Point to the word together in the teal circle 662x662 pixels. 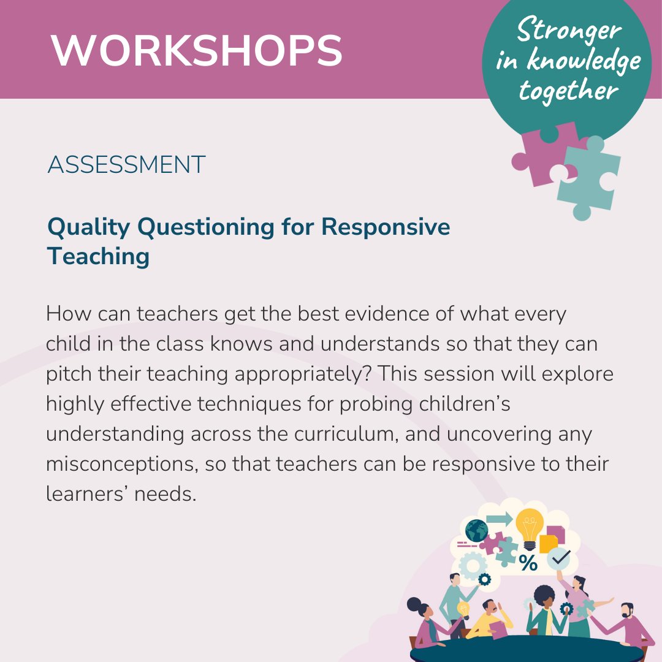pos(568,90)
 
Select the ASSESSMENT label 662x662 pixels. pos(126,165)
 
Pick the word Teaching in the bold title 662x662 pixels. pos(98,256)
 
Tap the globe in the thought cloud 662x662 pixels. pos(476,530)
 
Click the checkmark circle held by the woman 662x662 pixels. pos(560,558)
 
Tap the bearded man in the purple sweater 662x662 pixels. pos(625,625)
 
